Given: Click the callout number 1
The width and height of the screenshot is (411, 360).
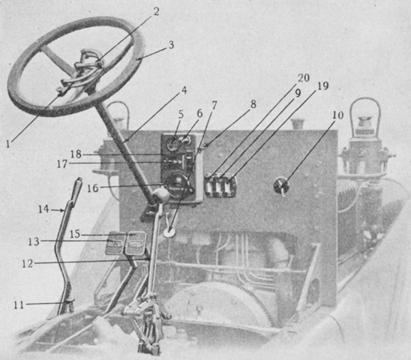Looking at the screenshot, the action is coord(8,143).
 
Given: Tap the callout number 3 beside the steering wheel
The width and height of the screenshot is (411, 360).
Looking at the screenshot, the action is coord(171,45).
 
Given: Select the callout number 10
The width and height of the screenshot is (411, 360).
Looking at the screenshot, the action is coord(337,115).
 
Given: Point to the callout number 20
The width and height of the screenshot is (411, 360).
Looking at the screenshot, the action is coord(304,78).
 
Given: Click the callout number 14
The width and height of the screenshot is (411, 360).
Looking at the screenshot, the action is coord(43,209).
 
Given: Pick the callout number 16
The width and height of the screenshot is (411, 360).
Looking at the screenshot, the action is coord(92,188).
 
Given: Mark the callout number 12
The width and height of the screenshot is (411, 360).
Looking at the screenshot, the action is coord(28,263).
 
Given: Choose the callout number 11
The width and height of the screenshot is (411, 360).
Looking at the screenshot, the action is coord(19,304).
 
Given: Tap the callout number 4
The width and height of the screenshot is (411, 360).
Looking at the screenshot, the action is coord(184,91).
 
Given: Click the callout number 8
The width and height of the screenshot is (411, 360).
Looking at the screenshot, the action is coord(253,104).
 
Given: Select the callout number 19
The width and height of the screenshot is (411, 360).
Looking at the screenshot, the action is coord(322,86).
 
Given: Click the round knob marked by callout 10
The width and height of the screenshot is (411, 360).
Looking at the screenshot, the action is coord(281,185).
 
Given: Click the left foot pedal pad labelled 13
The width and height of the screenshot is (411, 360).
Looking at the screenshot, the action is coord(115,243).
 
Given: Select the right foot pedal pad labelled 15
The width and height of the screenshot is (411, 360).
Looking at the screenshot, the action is coord(136,243).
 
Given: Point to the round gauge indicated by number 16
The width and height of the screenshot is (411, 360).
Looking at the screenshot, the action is coord(178,184).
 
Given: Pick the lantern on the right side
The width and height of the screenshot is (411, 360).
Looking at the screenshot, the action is coord(365,147).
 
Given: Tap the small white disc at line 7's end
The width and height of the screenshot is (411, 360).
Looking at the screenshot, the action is coord(169,232).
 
